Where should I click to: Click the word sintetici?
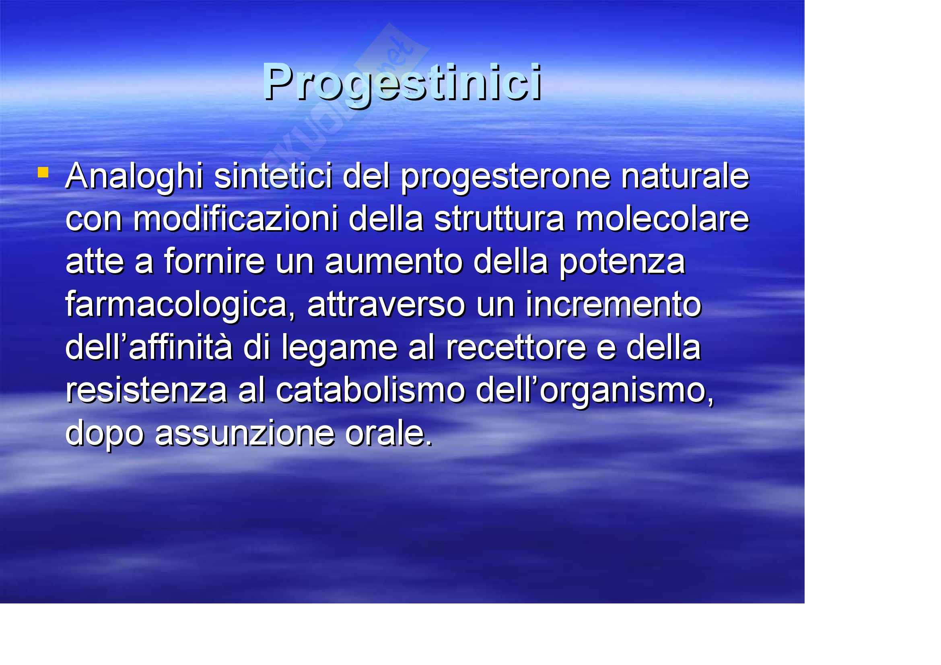click(273, 176)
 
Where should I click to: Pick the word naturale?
click(685, 177)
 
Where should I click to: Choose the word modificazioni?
click(235, 219)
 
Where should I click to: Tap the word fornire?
click(214, 262)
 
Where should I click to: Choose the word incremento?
click(613, 305)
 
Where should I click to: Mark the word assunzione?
click(245, 434)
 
